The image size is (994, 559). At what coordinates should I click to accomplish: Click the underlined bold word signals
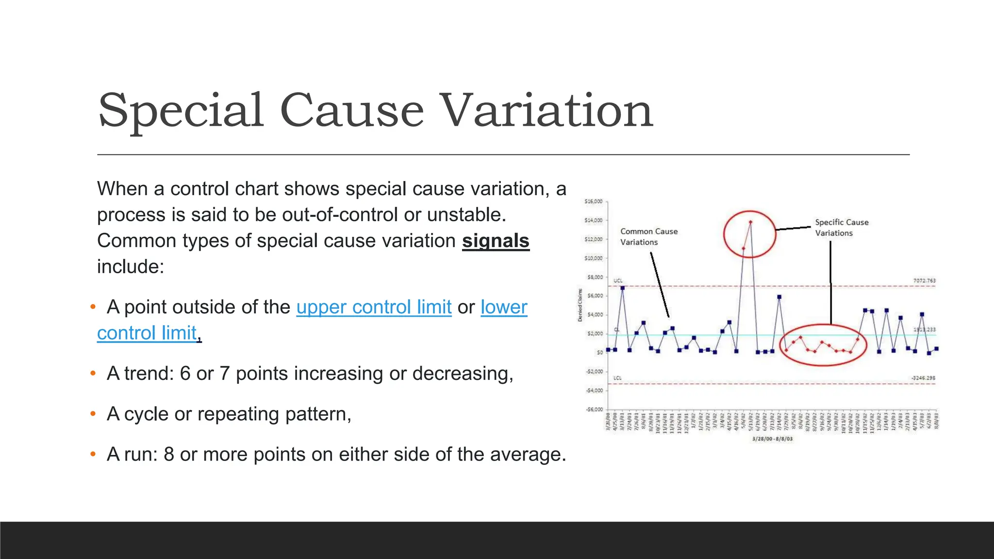point(495,241)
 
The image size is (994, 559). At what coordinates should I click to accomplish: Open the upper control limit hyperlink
point(374,307)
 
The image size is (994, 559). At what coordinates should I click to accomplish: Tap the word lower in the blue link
point(504,307)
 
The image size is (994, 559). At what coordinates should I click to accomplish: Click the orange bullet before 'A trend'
point(93,374)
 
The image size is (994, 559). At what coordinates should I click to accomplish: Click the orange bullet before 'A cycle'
point(93,414)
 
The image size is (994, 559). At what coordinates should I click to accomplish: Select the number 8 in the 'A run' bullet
point(169,455)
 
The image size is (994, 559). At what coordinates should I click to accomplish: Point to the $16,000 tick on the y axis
point(593,201)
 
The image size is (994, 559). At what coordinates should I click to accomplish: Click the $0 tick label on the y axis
point(600,352)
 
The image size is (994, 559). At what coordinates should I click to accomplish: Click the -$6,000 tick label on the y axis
point(594,410)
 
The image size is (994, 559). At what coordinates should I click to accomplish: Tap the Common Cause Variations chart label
point(648,237)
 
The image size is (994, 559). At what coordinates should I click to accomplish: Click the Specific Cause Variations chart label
point(841,228)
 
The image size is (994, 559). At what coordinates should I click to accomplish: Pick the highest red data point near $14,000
point(750,222)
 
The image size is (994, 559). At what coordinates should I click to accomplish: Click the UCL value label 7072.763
point(924,280)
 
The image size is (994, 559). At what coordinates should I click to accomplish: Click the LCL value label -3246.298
point(923,378)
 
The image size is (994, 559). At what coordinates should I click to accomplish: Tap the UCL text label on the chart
point(618,280)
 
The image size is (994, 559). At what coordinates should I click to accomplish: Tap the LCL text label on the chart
point(617,378)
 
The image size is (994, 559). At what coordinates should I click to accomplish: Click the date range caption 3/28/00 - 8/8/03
point(772,439)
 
